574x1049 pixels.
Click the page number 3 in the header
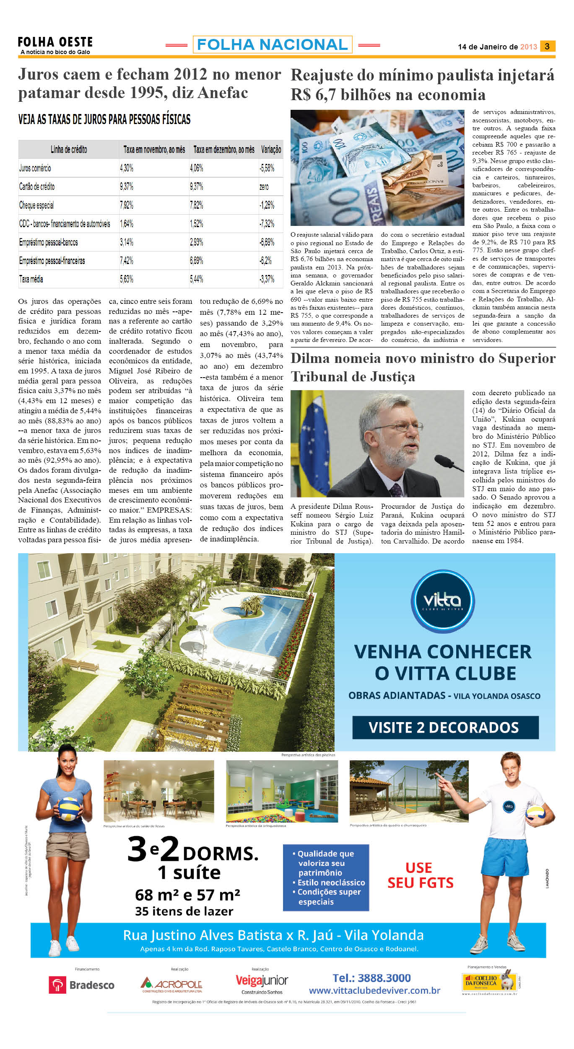coord(547,46)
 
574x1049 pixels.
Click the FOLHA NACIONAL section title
coord(273,44)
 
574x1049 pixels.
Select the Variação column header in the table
coord(271,150)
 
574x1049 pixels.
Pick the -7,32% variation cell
coord(267,224)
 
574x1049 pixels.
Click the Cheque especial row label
coord(36,205)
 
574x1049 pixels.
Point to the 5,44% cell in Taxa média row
coord(197,279)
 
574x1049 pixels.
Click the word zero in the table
coord(264,187)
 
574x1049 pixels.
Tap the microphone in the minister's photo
coord(449,462)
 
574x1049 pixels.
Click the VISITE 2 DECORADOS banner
coord(445,727)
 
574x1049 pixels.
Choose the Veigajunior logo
coord(262,982)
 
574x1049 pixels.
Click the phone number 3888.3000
coord(371,978)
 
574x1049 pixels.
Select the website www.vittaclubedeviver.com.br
coord(374,991)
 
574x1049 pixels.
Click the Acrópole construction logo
coord(171,984)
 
